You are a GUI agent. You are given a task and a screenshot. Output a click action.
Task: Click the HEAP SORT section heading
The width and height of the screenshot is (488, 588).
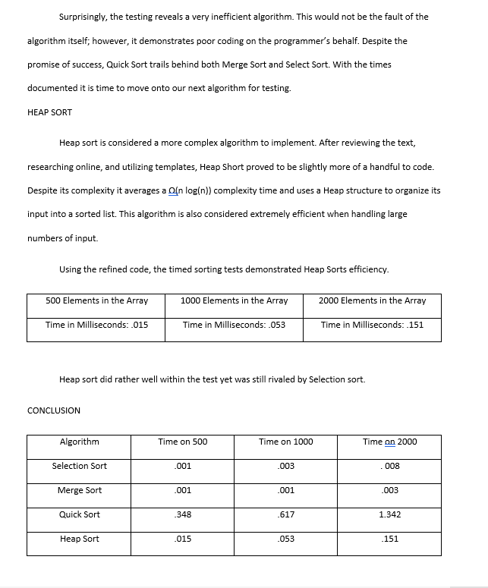(49, 112)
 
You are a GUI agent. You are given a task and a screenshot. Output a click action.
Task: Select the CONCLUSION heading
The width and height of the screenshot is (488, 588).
(53, 410)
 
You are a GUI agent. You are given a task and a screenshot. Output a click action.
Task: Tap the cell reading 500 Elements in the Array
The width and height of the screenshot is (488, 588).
(96, 300)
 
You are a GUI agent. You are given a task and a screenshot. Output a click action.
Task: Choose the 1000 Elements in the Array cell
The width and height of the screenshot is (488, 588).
(235, 300)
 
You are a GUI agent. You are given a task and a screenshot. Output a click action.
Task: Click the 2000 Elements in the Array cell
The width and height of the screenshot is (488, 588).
(372, 300)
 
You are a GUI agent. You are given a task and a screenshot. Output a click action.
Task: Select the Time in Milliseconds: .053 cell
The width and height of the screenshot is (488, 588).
(235, 325)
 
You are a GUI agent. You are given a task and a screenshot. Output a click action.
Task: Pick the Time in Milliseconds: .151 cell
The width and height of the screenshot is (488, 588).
(372, 325)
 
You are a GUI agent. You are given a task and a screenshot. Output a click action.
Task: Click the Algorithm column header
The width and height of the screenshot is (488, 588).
(79, 442)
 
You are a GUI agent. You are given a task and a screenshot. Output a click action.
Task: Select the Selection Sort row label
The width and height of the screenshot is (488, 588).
(79, 466)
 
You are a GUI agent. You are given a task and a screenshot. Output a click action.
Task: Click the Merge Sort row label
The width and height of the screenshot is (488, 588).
(79, 490)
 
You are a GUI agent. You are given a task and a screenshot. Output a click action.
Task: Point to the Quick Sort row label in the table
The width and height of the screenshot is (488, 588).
(79, 514)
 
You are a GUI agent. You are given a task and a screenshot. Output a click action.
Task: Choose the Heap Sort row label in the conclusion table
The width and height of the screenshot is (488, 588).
(79, 539)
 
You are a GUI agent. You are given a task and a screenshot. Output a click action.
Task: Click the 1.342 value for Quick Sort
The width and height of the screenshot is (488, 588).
(389, 514)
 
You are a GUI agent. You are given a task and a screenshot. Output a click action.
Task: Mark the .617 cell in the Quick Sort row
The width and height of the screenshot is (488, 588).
(286, 514)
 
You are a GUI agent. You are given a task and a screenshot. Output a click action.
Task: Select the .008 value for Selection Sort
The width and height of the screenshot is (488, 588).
(389, 466)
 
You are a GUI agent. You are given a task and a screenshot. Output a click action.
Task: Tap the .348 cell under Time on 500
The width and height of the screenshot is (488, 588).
(182, 514)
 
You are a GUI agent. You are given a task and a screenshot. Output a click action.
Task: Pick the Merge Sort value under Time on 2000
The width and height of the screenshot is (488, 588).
(389, 490)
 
